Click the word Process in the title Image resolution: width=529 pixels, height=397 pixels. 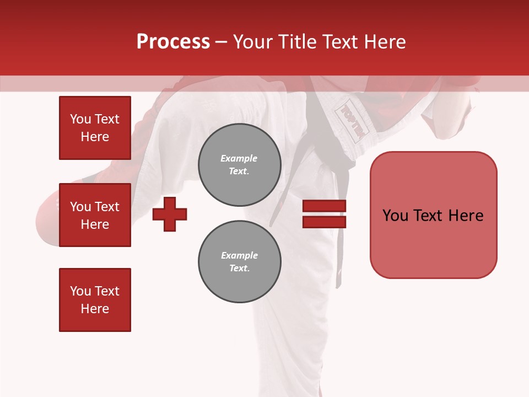coord(173,42)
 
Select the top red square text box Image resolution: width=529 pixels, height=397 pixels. coord(95,128)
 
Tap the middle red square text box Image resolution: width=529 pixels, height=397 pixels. coord(95,215)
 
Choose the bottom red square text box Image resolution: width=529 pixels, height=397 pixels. coord(95,300)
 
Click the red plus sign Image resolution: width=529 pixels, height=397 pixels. coord(170,214)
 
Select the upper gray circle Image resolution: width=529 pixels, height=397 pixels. coord(239,165)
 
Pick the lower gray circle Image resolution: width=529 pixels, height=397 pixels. coord(239,262)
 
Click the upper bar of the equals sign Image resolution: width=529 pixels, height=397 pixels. coord(324,206)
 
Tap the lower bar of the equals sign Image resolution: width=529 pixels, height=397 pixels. coord(324,222)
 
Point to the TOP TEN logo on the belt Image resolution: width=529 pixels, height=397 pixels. coord(352,121)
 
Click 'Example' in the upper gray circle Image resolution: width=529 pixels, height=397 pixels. coord(239,158)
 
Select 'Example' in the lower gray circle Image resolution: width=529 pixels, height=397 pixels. coord(239,255)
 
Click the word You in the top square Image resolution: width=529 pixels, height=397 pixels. coord(80,119)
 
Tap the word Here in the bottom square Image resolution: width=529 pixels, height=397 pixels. coord(95,309)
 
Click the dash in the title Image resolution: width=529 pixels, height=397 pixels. coord(222,42)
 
